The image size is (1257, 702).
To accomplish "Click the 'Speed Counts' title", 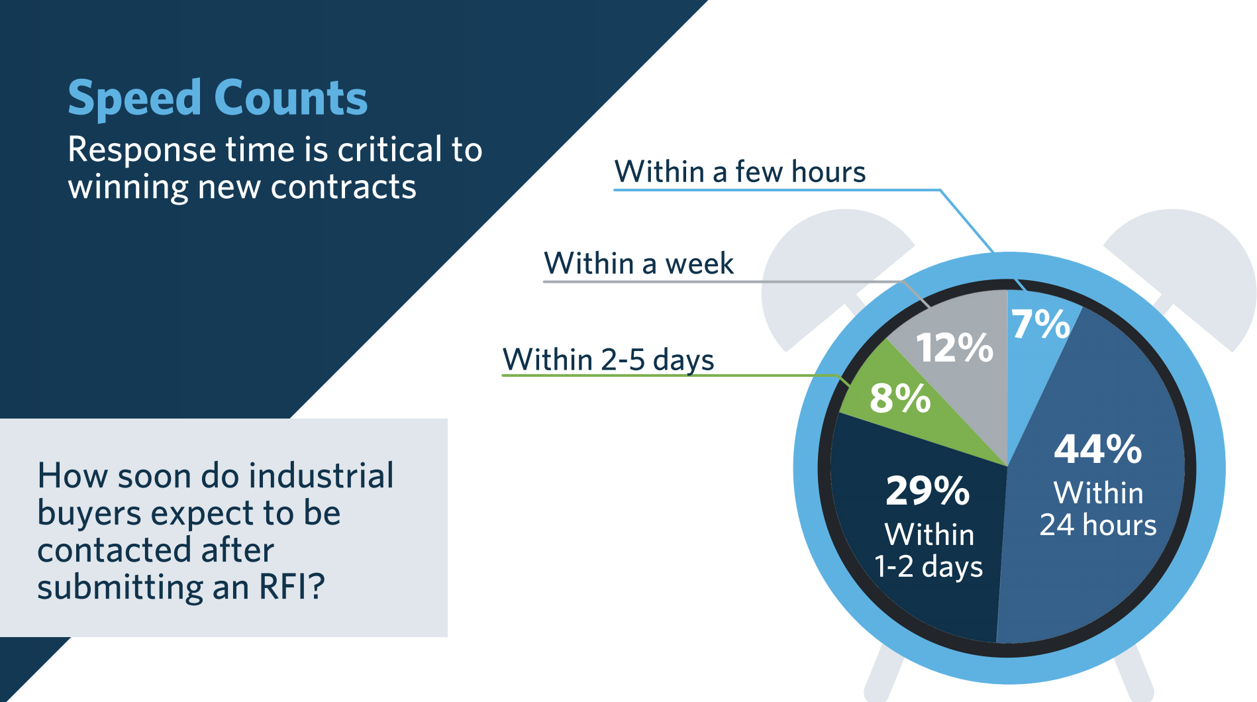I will click(217, 98).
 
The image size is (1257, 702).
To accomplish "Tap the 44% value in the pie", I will click(1097, 450).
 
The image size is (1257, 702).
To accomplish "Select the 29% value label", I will click(927, 491).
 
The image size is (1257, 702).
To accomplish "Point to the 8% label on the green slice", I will click(899, 399).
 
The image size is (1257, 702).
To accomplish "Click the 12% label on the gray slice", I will click(954, 348).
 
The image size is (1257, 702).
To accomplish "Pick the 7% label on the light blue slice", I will click(1040, 325).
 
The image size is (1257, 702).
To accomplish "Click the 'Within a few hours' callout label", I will click(740, 172).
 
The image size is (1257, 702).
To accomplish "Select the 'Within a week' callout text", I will click(638, 264).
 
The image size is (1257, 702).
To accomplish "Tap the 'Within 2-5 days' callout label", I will click(608, 360).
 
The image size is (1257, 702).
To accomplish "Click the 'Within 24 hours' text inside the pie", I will click(1098, 509).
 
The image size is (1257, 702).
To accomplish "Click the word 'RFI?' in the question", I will click(291, 587).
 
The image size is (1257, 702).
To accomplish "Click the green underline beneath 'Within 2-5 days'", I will click(662, 376).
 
